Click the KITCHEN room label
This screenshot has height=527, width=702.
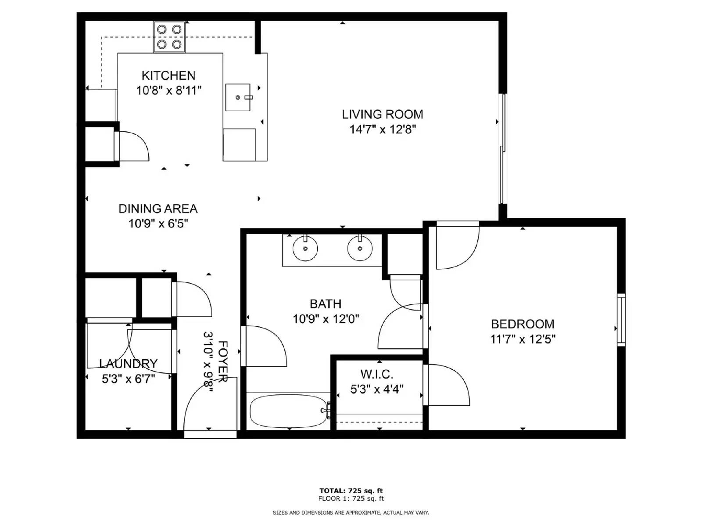pos(168,76)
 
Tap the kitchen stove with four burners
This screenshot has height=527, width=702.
pos(169,36)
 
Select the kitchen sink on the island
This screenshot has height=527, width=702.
pos(238,97)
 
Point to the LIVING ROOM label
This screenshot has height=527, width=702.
pos(382,115)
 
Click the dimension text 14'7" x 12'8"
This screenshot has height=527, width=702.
pos(382,130)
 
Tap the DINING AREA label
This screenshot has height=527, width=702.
pos(158,209)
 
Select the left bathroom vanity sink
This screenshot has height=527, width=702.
pos(305,249)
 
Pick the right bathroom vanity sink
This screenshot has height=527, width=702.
pos(360,249)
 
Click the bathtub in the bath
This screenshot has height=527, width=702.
pos(289,411)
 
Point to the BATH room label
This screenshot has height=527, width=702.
pos(325,304)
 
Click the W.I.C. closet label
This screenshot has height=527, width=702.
pos(376,374)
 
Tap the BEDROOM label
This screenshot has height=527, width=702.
pos(523,324)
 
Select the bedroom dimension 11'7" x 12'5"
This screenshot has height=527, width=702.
pos(523,339)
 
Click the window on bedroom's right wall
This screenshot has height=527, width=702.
pos(621,319)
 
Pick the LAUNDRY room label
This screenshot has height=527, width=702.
pos(128,364)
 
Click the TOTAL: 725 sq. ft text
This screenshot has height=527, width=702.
pos(351,491)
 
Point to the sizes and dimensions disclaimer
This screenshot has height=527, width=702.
pos(351,513)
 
